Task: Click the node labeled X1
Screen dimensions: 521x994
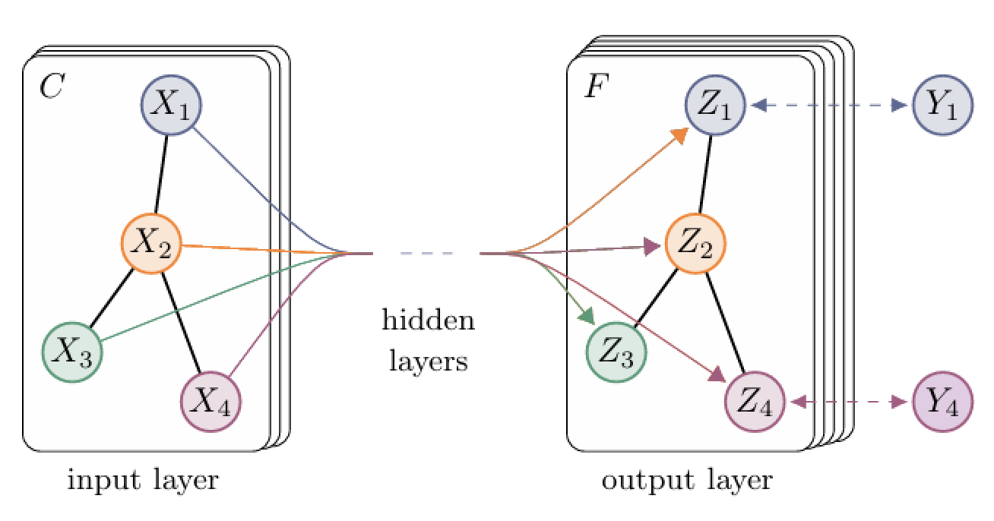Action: coord(171,106)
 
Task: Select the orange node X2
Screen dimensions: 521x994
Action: coord(150,242)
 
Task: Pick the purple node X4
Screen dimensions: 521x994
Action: coord(211,400)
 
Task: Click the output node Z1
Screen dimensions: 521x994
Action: coord(715,106)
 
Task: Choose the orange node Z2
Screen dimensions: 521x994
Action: coord(695,242)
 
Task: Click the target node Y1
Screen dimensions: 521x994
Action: coord(942,106)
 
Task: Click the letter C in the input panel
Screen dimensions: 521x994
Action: coord(52,87)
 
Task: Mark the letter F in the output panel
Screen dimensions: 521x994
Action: coord(593,87)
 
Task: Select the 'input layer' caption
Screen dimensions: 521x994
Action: coord(143,481)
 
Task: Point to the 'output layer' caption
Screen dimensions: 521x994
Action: coord(687,481)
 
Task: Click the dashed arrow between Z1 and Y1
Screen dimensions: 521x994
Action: coord(828,106)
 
